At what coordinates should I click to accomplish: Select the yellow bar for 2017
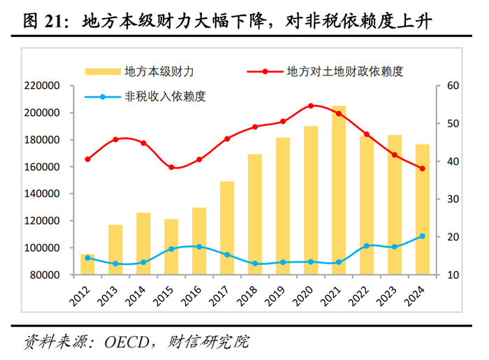(227, 228)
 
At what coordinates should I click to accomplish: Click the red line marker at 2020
(311, 106)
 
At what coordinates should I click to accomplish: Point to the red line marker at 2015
(171, 167)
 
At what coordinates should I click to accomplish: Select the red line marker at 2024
(423, 168)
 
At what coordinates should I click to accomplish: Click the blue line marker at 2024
(423, 236)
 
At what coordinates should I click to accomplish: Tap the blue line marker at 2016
(199, 247)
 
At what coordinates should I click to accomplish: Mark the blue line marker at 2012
(87, 258)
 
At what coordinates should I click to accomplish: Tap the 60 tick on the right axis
(444, 86)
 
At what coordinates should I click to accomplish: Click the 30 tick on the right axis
(444, 199)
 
